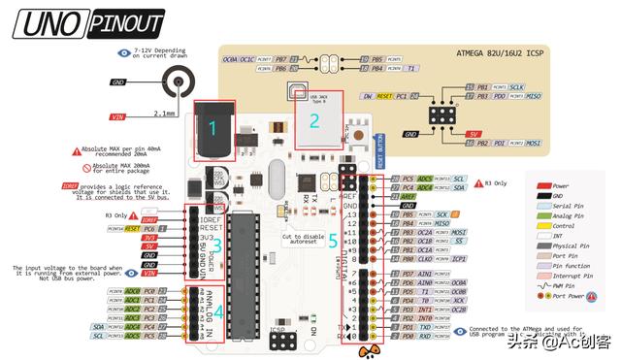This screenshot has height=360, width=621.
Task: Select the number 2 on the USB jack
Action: coord(313,121)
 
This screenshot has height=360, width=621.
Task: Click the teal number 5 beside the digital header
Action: coord(333,238)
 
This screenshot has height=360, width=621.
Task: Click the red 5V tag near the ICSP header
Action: coord(474,133)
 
